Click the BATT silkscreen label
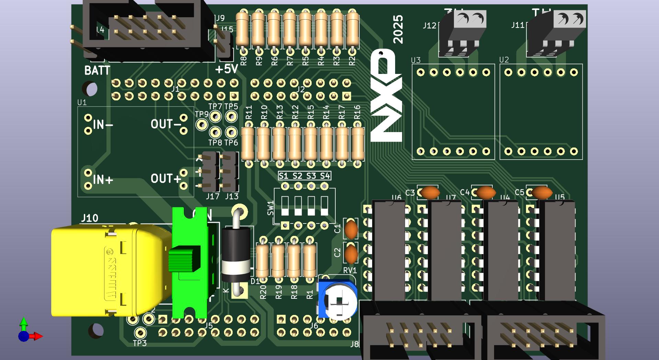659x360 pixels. [x=97, y=70]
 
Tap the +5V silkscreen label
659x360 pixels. [x=226, y=69]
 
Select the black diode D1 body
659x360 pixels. [x=236, y=254]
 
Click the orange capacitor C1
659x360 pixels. [x=351, y=229]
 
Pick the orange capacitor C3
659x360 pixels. [x=430, y=193]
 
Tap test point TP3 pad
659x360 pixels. [x=140, y=332]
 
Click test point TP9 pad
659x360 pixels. [x=202, y=124]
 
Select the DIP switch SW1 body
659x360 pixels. [x=304, y=206]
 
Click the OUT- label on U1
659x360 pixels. [x=166, y=124]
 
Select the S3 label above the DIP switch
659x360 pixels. [x=311, y=176]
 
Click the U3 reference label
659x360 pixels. [x=416, y=60]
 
